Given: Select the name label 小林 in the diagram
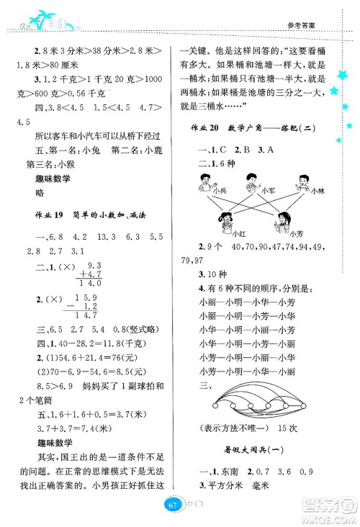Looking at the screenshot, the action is (318, 191).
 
